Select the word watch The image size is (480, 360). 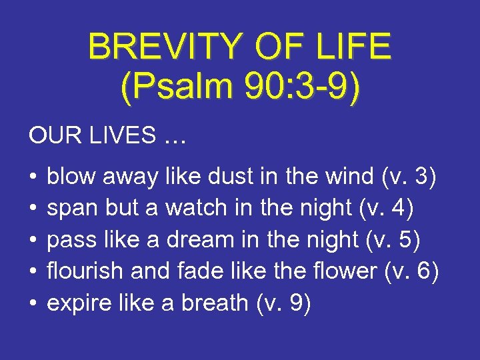(x=197, y=209)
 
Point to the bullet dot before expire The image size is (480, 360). (x=32, y=304)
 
